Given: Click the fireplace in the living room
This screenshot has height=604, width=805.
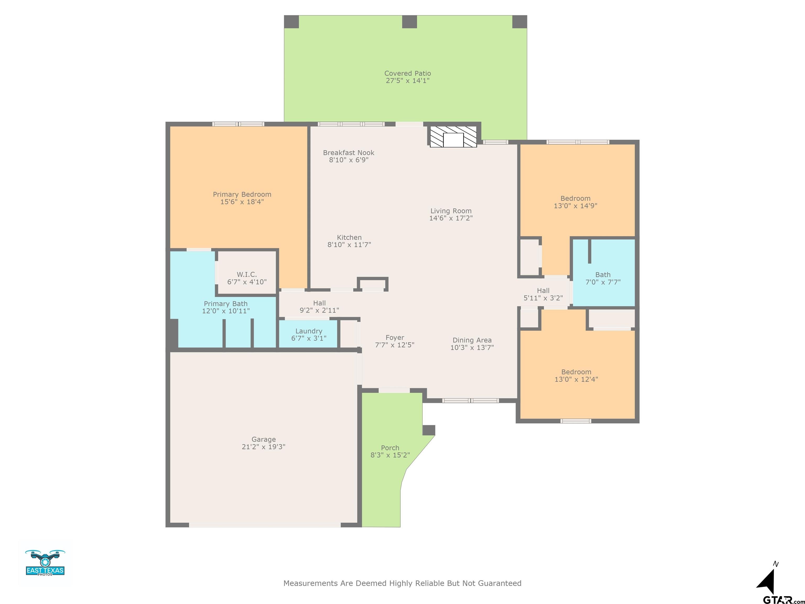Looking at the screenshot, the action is (x=453, y=137).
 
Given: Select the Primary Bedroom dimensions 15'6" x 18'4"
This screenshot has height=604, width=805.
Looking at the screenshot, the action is (x=242, y=202).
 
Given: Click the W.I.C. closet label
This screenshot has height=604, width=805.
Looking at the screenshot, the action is (x=247, y=274).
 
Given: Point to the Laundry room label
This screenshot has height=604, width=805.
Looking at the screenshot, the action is (x=309, y=331).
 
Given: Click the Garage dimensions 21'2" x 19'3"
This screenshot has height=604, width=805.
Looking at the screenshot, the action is (x=263, y=447).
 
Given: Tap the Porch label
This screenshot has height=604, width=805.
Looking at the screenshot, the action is (x=390, y=448).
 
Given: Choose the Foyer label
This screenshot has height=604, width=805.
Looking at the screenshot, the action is (x=395, y=337).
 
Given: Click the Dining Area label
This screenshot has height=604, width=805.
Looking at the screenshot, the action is (x=472, y=340).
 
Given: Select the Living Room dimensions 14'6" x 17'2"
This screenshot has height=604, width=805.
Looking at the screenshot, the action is (x=451, y=218).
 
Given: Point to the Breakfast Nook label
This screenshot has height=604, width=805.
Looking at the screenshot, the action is (x=349, y=153).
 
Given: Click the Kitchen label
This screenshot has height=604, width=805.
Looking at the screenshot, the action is (x=349, y=237).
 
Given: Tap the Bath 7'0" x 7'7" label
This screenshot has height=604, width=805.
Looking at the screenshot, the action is (x=603, y=278).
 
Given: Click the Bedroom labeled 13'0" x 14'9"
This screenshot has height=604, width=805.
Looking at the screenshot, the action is (x=575, y=202).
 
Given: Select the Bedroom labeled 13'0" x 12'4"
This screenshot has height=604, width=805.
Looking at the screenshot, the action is (x=576, y=375).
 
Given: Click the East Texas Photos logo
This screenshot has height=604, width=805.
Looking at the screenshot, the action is (x=45, y=563).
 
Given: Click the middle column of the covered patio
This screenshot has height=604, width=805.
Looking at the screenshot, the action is (x=409, y=22).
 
